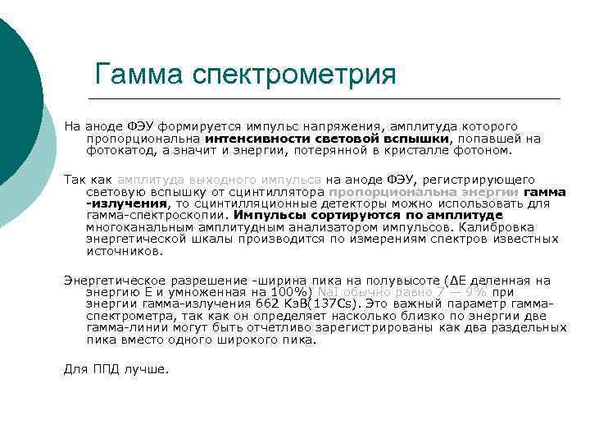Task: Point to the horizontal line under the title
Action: click(328, 98)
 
